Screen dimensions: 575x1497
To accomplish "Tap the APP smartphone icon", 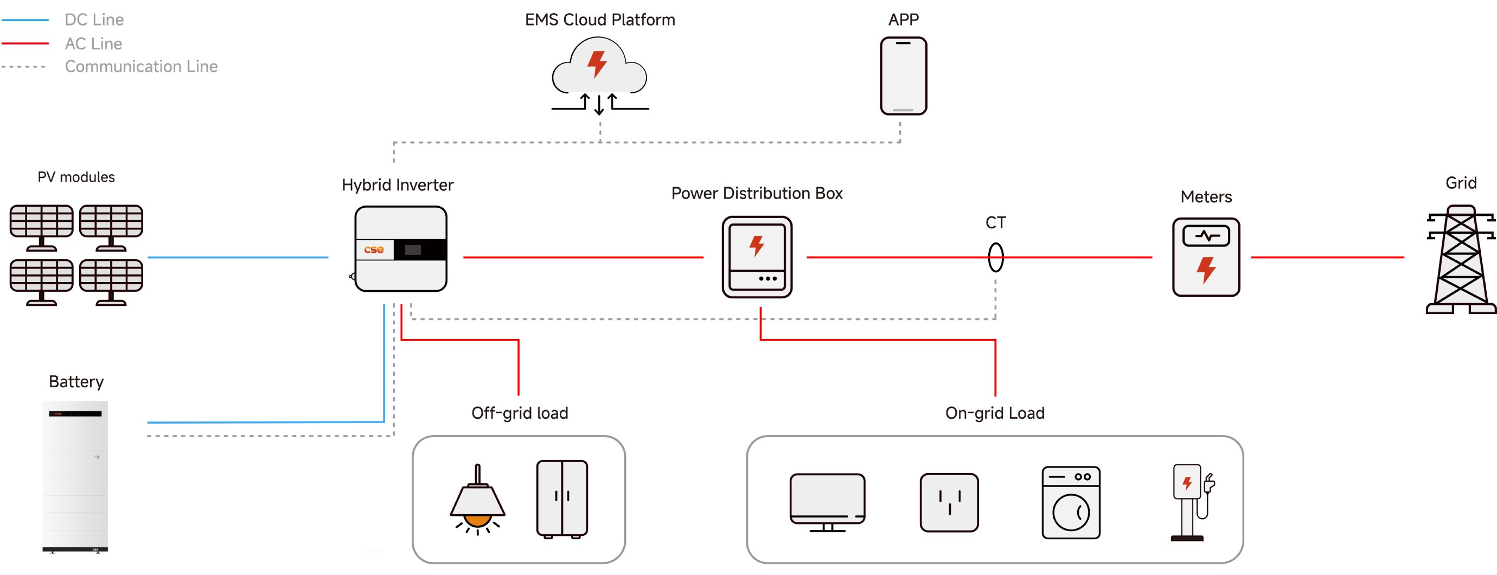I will point(903,75).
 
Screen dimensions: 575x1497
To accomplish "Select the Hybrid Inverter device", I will point(401,249).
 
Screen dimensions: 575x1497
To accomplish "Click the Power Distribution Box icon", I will point(757,257).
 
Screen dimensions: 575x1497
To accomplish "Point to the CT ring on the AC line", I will point(995,257).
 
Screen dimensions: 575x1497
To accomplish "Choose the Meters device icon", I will point(1206,257).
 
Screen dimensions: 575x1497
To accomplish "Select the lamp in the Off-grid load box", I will point(478,500).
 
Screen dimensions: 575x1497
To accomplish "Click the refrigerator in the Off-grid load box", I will point(562,499).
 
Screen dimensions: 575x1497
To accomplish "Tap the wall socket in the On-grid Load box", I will point(949,502).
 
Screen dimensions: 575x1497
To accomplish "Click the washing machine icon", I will point(1071,502).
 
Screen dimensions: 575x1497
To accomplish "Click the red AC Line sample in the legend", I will point(25,43).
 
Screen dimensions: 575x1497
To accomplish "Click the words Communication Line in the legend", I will point(141,67).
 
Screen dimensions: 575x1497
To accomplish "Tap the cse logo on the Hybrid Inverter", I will point(374,250).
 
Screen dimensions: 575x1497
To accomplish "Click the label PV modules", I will point(76,177).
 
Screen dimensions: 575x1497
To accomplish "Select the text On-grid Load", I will point(995,413).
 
